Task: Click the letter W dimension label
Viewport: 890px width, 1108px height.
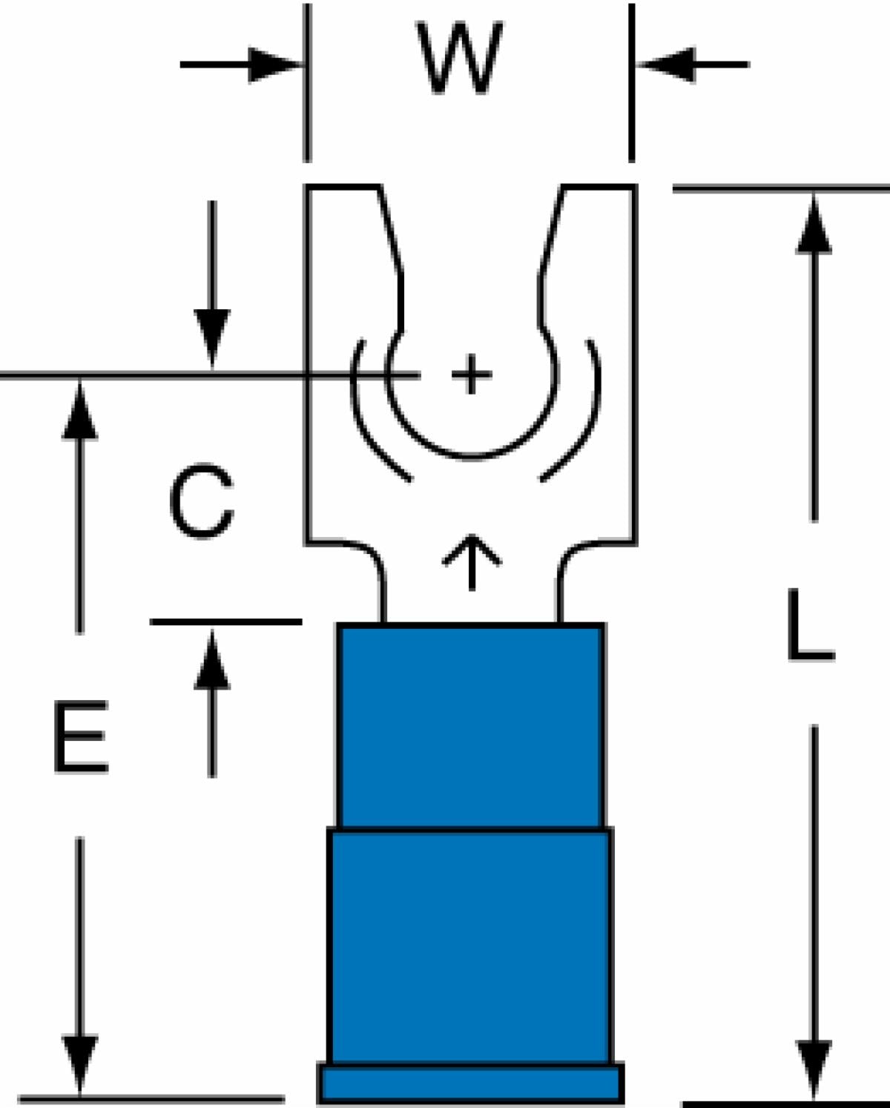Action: (x=459, y=57)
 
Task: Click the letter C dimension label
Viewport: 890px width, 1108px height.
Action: (x=202, y=501)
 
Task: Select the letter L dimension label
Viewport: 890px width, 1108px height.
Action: (x=811, y=624)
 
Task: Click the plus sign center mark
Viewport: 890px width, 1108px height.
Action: (x=471, y=375)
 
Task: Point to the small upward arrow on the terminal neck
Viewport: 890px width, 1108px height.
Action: (x=472, y=561)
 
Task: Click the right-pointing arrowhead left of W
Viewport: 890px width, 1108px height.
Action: (x=274, y=65)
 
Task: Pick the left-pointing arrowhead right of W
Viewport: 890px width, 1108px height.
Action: (x=665, y=65)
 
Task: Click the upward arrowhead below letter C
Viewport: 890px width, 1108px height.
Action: (x=212, y=660)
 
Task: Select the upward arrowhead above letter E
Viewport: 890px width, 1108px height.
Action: (x=80, y=411)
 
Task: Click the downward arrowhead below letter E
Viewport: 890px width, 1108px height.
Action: (x=80, y=1065)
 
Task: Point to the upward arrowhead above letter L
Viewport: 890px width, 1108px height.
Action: (x=814, y=224)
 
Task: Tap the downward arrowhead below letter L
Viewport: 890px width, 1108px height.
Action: (x=814, y=1069)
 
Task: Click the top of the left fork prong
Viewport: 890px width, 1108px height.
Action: (x=343, y=187)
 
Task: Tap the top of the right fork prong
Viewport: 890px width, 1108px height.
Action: (x=599, y=187)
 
